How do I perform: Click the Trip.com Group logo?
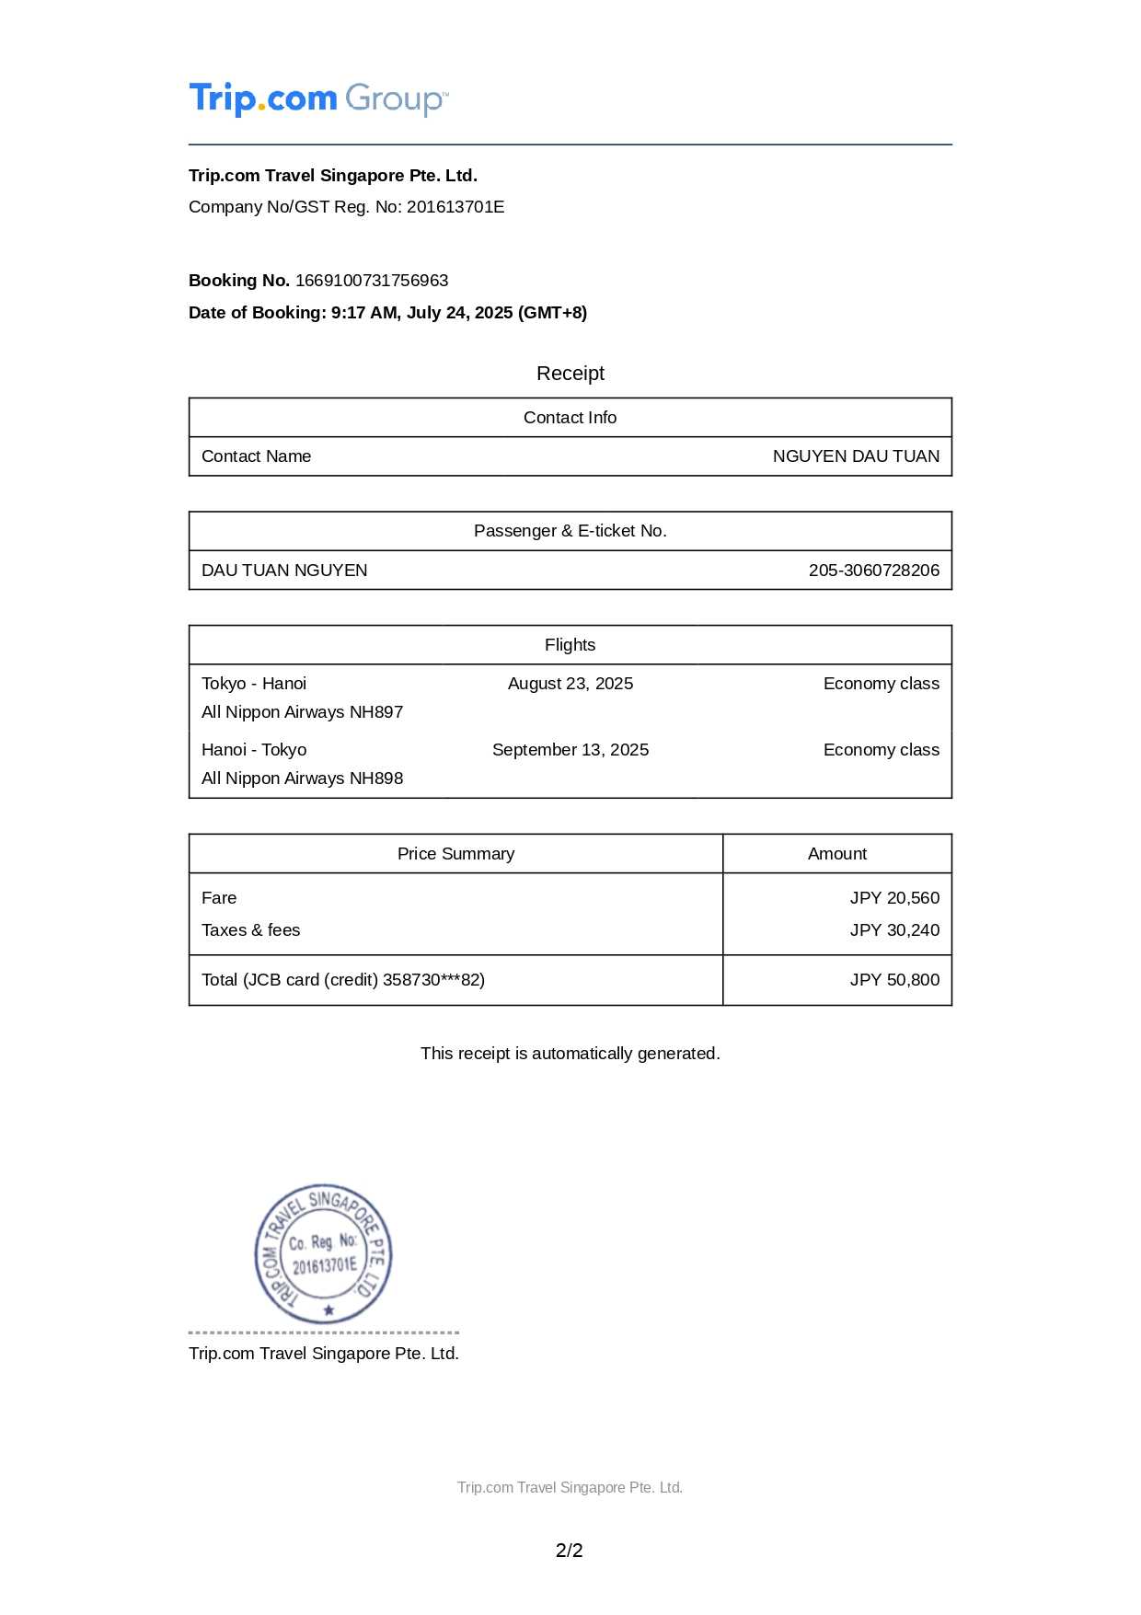(318, 98)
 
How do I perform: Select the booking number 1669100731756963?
(372, 281)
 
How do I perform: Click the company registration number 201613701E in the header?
(455, 207)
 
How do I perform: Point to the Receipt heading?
(570, 374)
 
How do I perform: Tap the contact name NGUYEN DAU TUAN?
(856, 456)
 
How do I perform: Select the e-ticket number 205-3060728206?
(874, 571)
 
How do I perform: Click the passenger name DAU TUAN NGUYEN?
(284, 571)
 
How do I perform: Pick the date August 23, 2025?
(570, 684)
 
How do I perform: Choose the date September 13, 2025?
(570, 750)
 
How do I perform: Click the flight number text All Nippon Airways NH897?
(302, 712)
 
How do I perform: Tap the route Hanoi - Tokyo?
(254, 750)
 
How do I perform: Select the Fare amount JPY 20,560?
(894, 898)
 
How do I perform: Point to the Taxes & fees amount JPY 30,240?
(894, 930)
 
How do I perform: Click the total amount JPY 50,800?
(894, 980)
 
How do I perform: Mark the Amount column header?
(837, 854)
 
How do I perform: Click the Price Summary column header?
(455, 854)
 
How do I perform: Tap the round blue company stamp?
(324, 1254)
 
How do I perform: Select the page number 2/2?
(570, 1551)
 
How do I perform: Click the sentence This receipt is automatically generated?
(570, 1054)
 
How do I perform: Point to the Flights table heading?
(570, 645)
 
